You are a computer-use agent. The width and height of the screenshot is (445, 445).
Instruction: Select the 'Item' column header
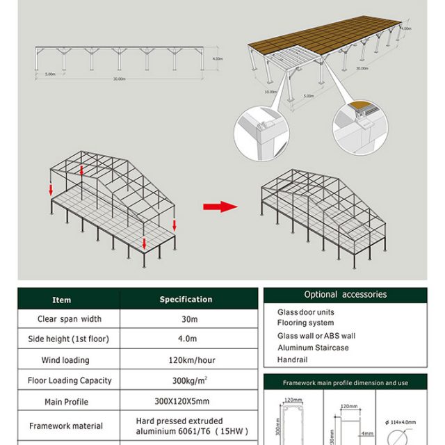pos(62,300)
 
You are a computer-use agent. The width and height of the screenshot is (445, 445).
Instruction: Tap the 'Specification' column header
pos(186,299)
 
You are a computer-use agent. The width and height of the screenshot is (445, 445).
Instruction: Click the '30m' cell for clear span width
pos(186,319)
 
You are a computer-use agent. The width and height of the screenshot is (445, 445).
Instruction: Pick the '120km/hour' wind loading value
pos(186,360)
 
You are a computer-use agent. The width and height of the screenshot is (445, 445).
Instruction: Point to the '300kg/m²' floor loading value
pos(186,380)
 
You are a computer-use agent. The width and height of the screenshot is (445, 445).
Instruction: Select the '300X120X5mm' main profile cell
pos(186,401)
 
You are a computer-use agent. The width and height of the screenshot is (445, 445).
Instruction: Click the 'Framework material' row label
pos(66,426)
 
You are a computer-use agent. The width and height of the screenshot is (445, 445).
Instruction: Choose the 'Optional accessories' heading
pos(345,295)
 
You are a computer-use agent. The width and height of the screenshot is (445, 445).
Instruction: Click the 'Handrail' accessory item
pos(292,359)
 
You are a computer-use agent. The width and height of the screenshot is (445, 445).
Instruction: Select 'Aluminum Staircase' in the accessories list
pos(313,348)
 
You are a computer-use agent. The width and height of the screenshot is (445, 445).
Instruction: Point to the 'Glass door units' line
pos(306,313)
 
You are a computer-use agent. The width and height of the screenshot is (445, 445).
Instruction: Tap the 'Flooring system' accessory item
pos(305,323)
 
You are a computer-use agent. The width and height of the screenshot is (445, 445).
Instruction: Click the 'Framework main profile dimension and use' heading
pos(345,383)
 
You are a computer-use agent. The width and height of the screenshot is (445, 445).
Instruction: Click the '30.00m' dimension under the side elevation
pos(120,79)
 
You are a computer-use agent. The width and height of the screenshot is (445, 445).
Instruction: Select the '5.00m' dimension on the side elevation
pos(50,74)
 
